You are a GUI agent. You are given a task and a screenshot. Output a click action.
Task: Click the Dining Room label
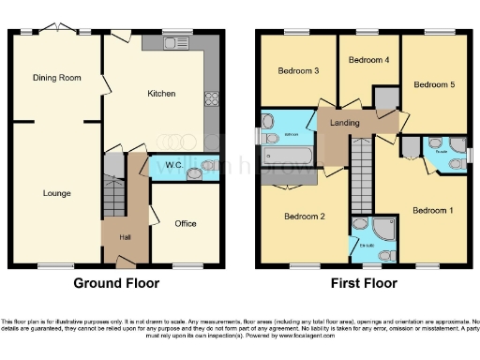52,78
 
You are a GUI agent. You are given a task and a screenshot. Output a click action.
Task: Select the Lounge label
56,193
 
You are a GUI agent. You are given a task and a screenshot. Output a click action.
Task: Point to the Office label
185,223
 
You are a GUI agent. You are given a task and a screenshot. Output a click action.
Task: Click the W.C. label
173,166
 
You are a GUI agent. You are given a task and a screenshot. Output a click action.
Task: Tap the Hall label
125,237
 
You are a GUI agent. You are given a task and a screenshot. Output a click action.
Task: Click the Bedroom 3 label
297,71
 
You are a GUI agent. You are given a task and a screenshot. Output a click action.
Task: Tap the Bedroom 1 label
432,210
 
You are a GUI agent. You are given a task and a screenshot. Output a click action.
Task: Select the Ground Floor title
116,282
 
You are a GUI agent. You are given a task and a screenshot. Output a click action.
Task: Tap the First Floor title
364,282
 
